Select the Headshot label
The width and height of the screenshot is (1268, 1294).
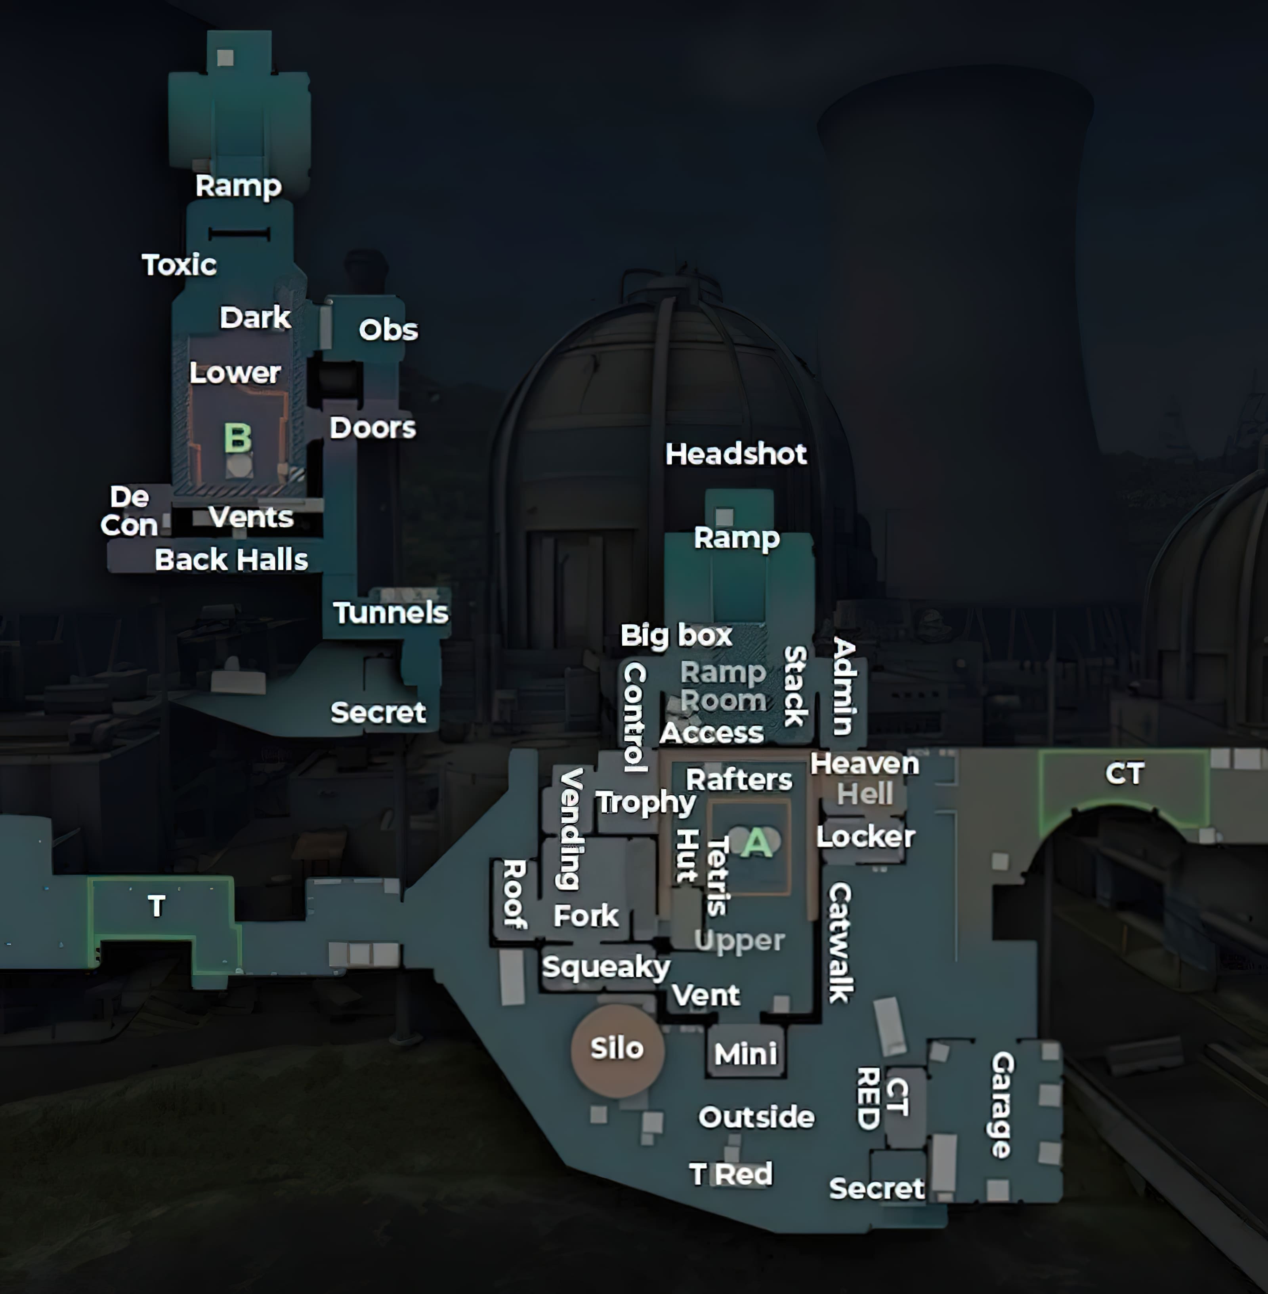click(x=736, y=454)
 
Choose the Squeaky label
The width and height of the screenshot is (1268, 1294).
click(x=606, y=967)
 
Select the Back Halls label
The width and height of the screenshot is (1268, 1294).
click(x=231, y=560)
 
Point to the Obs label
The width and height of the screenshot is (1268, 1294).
click(x=388, y=329)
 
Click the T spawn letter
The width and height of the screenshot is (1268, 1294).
click(x=157, y=906)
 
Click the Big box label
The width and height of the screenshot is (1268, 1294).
click(x=676, y=635)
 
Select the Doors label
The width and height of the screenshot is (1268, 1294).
click(x=372, y=428)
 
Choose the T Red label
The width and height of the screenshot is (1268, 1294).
click(x=731, y=1174)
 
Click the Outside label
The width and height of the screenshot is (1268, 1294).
click(x=756, y=1117)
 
